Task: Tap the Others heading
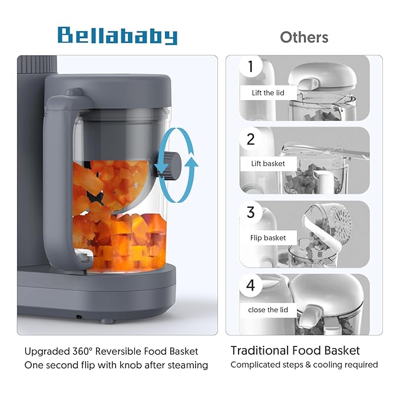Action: coord(304,37)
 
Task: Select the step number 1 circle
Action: coord(252,67)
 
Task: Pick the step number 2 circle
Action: coord(252,140)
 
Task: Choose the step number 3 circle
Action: coord(252,212)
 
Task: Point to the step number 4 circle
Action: coord(252,286)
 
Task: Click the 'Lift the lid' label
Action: coord(262,92)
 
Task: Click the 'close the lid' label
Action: coord(265,310)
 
